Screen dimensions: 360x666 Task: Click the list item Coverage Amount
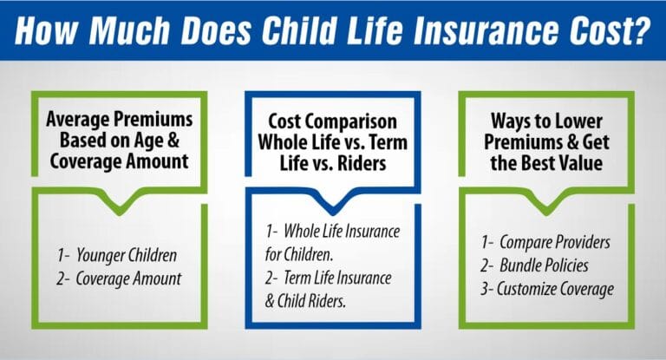122,279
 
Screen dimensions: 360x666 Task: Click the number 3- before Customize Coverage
488,289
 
